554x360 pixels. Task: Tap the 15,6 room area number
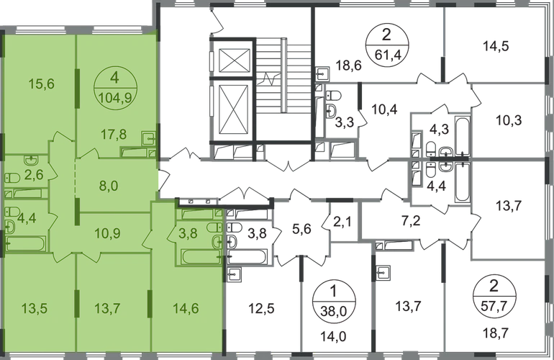point(41,84)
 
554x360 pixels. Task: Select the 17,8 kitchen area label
point(113,135)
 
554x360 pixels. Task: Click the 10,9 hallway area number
point(107,233)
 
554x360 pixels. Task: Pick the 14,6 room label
point(186,308)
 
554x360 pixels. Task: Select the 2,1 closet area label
point(342,222)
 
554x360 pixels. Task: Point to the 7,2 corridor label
point(412,221)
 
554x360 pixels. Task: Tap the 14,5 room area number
point(496,46)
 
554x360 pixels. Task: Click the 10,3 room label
point(509,120)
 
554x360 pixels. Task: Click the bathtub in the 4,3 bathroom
point(462,135)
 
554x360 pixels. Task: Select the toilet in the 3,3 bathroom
point(333,96)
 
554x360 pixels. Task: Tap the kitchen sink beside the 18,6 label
point(322,74)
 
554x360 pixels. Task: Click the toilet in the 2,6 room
point(12,178)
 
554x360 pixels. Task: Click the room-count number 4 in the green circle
point(114,78)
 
